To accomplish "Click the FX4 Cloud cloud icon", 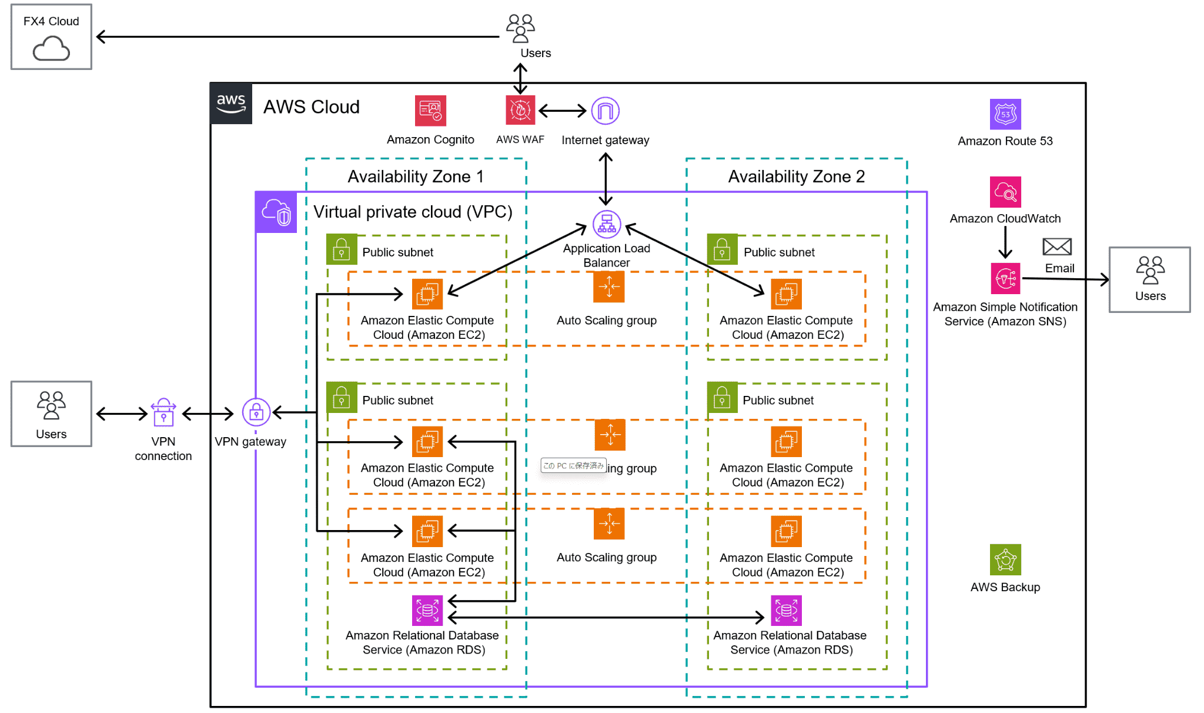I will (51, 48).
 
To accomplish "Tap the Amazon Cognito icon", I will (430, 111).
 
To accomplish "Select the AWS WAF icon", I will (520, 110).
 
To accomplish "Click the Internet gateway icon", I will (605, 111).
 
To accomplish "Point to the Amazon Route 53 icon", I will (1005, 114).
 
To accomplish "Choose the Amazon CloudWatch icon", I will (1005, 192).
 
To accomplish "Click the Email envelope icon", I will (1057, 246).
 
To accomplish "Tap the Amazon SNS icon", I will (1005, 278).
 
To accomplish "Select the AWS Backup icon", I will (1005, 559).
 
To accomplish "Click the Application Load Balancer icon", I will (607, 224).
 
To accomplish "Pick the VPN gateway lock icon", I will (256, 413).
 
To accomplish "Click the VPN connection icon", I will (163, 413).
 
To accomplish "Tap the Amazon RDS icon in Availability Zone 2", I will (786, 610).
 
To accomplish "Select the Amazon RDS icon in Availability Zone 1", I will (427, 610).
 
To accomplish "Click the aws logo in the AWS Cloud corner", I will (231, 104).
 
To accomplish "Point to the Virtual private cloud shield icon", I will (276, 212).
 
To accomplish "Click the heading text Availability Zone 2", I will (796, 176).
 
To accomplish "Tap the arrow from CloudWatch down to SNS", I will (1005, 242).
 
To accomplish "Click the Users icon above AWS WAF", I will (520, 28).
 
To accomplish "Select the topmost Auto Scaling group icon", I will (608, 287).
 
